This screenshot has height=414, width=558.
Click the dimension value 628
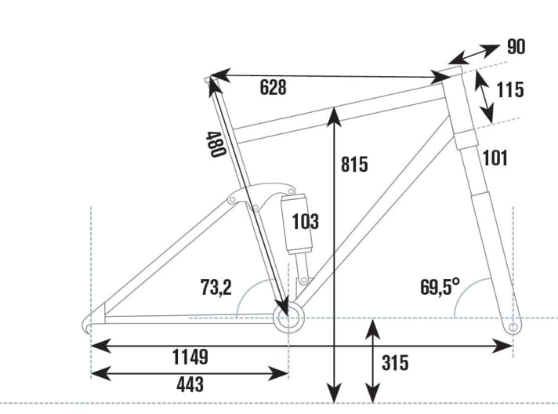pos(273,88)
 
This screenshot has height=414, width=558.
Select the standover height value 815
pos(354,165)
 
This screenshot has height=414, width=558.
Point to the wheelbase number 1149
pos(190,358)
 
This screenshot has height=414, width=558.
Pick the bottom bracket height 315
pos(394,363)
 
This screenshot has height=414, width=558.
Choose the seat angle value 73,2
pos(215,288)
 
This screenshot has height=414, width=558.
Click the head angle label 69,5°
pos(440,287)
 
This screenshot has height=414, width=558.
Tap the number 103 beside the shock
pos(305,222)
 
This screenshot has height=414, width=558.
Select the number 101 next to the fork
pos(495,158)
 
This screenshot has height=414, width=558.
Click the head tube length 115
pos(510,89)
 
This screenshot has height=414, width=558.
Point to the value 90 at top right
pos(516,47)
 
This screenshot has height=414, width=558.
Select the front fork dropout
pos(513,325)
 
